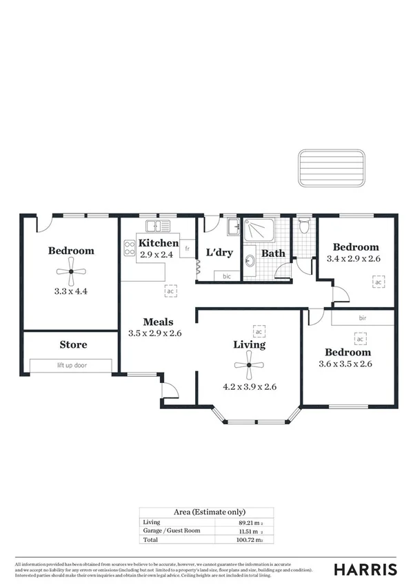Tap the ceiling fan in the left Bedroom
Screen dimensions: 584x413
[x=71, y=272]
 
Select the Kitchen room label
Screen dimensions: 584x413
[x=159, y=244]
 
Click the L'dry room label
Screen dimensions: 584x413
[x=220, y=253]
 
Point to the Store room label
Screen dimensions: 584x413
[x=73, y=344]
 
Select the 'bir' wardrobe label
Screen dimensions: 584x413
[x=362, y=319]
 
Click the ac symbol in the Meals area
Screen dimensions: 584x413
[x=170, y=291]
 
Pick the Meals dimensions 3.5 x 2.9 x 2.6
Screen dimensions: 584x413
[x=155, y=333]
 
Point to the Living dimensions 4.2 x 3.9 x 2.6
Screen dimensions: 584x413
[x=249, y=386]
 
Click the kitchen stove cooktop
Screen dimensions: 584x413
[x=130, y=247]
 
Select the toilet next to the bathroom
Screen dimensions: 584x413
[x=303, y=227]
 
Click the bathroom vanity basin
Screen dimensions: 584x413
[x=250, y=259]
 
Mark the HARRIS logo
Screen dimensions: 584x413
[x=365, y=569]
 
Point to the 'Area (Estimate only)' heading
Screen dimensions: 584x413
[x=206, y=512]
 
